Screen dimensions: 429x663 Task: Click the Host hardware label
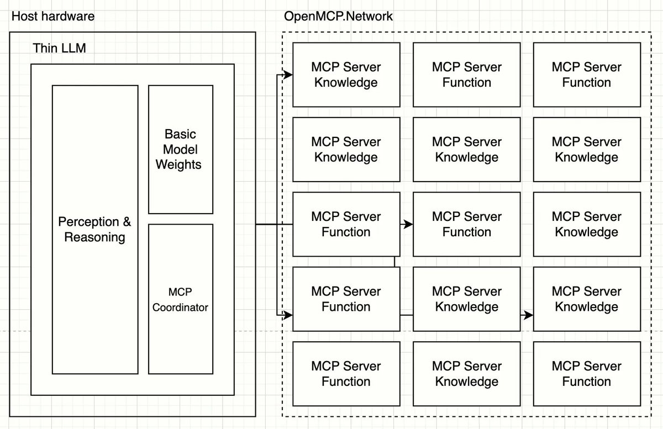click(x=52, y=16)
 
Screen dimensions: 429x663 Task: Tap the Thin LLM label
click(x=60, y=48)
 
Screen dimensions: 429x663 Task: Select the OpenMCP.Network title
click(x=338, y=16)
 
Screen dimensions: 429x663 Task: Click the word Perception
click(x=89, y=222)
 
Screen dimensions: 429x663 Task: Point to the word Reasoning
click(x=94, y=237)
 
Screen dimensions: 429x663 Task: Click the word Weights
click(x=178, y=165)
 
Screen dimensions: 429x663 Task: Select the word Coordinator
click(x=180, y=307)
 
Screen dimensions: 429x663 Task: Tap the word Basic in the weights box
click(x=180, y=134)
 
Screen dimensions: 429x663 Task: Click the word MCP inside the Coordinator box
click(x=180, y=292)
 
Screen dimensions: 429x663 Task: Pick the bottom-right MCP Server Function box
click(x=586, y=374)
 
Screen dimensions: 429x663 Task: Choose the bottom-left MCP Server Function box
click(x=346, y=374)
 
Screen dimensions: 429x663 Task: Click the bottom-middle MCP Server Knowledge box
click(x=466, y=374)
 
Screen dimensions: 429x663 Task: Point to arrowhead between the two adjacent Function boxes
click(x=408, y=225)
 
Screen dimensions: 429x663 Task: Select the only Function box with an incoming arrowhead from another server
click(x=466, y=224)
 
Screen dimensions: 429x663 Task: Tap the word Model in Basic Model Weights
click(x=180, y=150)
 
